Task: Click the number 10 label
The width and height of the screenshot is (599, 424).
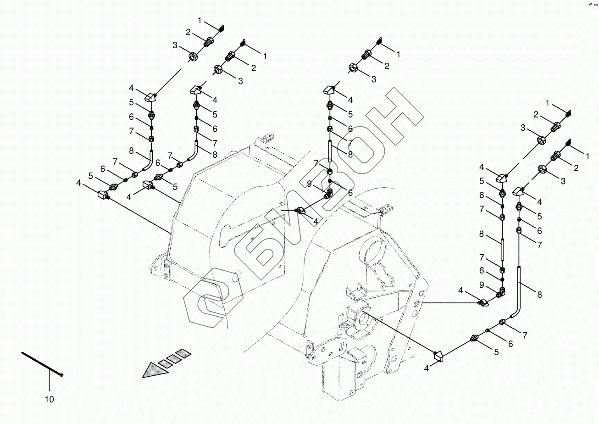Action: click(x=49, y=400)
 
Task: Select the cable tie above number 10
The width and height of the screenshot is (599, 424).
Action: click(x=41, y=363)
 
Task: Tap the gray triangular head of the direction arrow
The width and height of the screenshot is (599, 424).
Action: click(x=154, y=369)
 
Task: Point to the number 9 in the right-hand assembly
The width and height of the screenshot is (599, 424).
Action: click(x=481, y=285)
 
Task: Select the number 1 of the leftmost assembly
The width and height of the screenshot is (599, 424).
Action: click(x=200, y=20)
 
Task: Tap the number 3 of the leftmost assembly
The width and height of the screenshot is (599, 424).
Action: click(x=175, y=45)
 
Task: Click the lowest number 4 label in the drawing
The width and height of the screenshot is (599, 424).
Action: click(x=426, y=367)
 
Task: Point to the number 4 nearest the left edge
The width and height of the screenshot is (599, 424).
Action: click(x=79, y=184)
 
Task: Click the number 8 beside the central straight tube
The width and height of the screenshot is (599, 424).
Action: click(x=350, y=155)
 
